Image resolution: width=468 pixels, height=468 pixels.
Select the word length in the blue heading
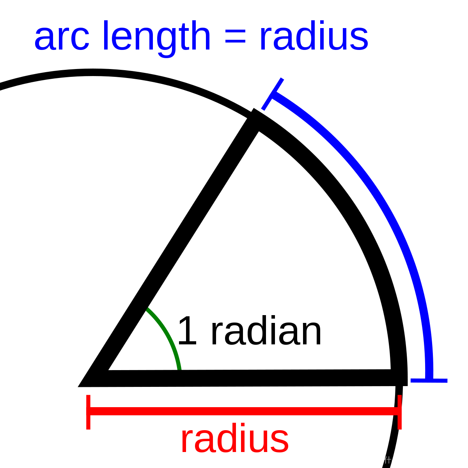(x=156, y=37)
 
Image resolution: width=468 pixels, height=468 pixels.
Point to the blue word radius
(x=314, y=37)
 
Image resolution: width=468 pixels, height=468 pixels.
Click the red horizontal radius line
(x=244, y=411)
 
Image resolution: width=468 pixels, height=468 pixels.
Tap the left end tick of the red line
(x=89, y=412)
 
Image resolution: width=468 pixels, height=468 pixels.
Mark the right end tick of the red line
(x=400, y=412)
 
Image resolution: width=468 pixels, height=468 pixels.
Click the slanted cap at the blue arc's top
(x=273, y=94)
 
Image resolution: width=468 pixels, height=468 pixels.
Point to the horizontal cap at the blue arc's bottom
(x=429, y=380)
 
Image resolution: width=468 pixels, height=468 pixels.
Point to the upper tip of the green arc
(x=148, y=310)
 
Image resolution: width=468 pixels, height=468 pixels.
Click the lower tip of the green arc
(x=179, y=368)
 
